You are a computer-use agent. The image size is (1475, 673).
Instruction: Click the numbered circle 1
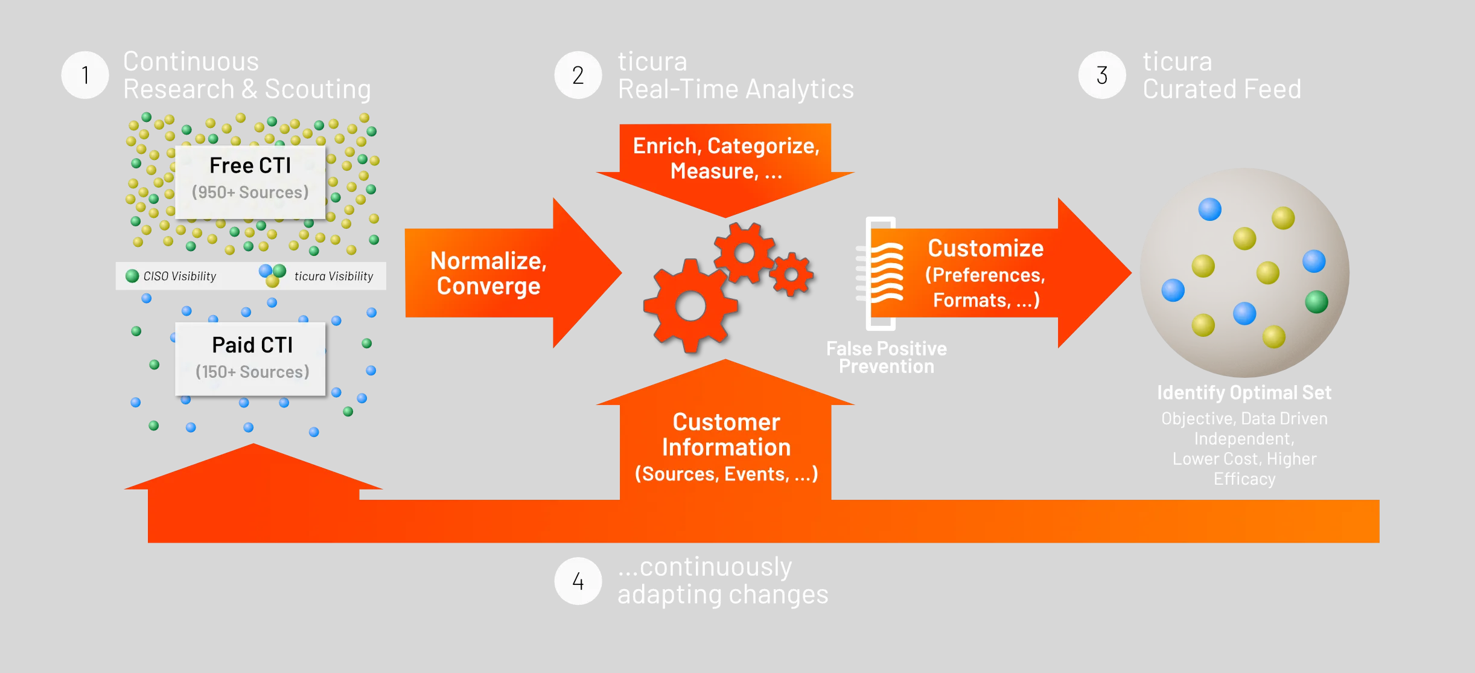85,75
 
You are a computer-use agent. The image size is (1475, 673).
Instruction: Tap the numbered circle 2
578,75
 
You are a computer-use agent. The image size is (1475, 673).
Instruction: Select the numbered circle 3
1102,75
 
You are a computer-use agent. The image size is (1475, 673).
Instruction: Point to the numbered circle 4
578,581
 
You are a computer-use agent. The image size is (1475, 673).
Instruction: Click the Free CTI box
250,182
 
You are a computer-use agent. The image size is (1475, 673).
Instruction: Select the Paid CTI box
250,359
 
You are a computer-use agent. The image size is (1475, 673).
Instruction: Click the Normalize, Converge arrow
513,273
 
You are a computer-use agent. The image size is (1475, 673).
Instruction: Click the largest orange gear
690,306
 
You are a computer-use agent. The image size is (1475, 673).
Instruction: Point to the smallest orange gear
791,275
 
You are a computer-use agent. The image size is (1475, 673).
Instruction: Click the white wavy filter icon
880,273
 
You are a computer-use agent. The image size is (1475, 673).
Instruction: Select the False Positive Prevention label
886,357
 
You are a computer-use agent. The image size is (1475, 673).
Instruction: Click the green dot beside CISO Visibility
132,276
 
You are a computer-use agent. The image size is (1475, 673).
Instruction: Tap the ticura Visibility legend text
334,276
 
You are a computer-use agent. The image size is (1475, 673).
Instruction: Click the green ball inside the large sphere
1316,301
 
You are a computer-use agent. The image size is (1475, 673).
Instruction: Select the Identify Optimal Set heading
1244,392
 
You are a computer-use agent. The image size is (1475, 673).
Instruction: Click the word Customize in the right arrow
986,248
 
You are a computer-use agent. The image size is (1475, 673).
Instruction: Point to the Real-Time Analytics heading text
736,89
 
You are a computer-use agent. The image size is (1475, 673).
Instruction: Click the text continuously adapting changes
723,581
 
